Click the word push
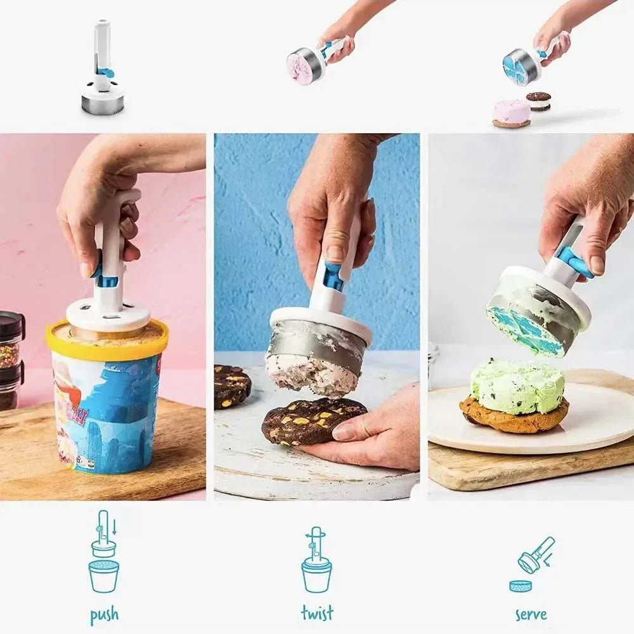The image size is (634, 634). tap(104, 614)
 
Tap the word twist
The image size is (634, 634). tap(316, 613)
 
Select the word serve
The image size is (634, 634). tap(531, 613)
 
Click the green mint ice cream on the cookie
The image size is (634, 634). tap(517, 385)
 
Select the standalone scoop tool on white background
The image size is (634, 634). tap(103, 70)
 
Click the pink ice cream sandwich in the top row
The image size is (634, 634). tap(512, 113)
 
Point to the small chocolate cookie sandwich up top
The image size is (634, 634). tap(538, 101)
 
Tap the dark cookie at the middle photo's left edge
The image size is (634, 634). tap(231, 385)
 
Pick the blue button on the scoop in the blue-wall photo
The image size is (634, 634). tap(333, 277)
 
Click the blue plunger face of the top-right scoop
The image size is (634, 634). tap(514, 68)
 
